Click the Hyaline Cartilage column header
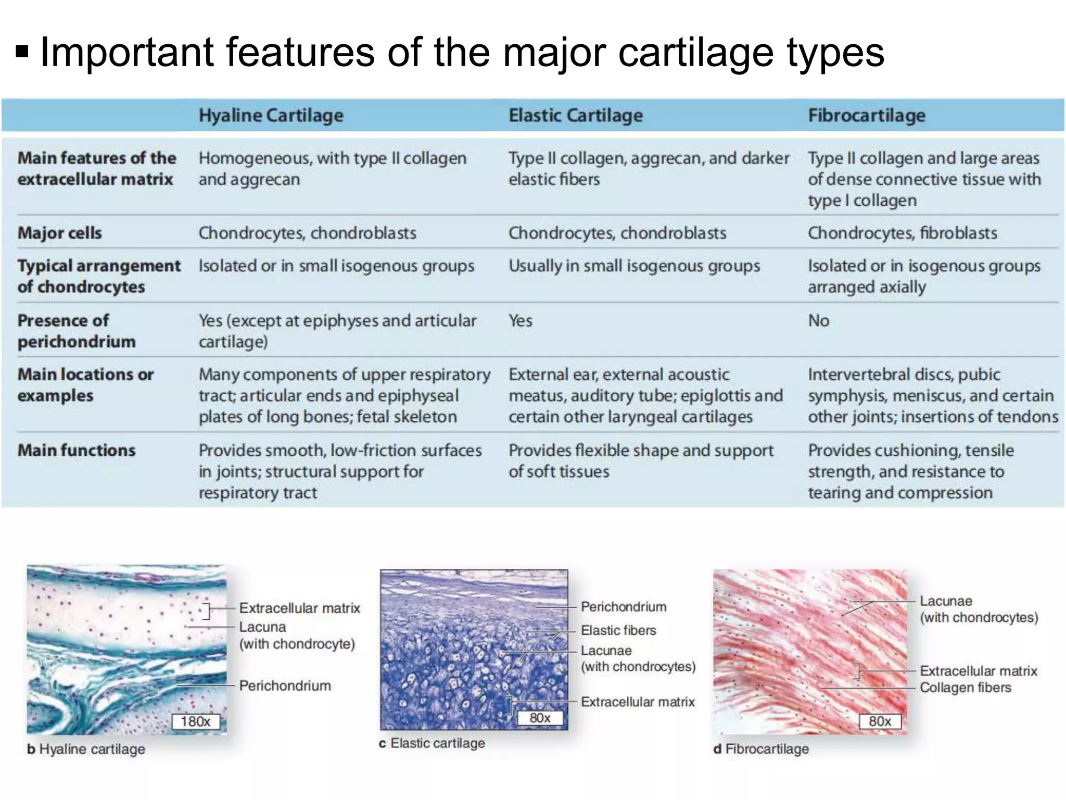tap(271, 116)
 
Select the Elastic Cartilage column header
tap(575, 116)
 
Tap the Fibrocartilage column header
tap(866, 116)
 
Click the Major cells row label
tap(60, 233)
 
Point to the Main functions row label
tap(77, 450)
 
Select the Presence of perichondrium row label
tap(77, 331)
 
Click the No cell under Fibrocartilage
tap(818, 321)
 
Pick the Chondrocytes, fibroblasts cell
tap(902, 233)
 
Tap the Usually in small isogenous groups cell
tap(634, 266)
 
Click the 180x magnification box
tap(196, 721)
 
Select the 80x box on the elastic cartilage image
tap(540, 718)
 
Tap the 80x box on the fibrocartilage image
tap(880, 721)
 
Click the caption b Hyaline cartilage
tap(86, 749)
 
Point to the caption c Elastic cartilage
tap(432, 743)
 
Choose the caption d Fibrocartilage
tap(761, 749)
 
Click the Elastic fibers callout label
tap(618, 631)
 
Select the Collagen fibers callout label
tap(965, 687)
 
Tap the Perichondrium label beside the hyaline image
tap(285, 686)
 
